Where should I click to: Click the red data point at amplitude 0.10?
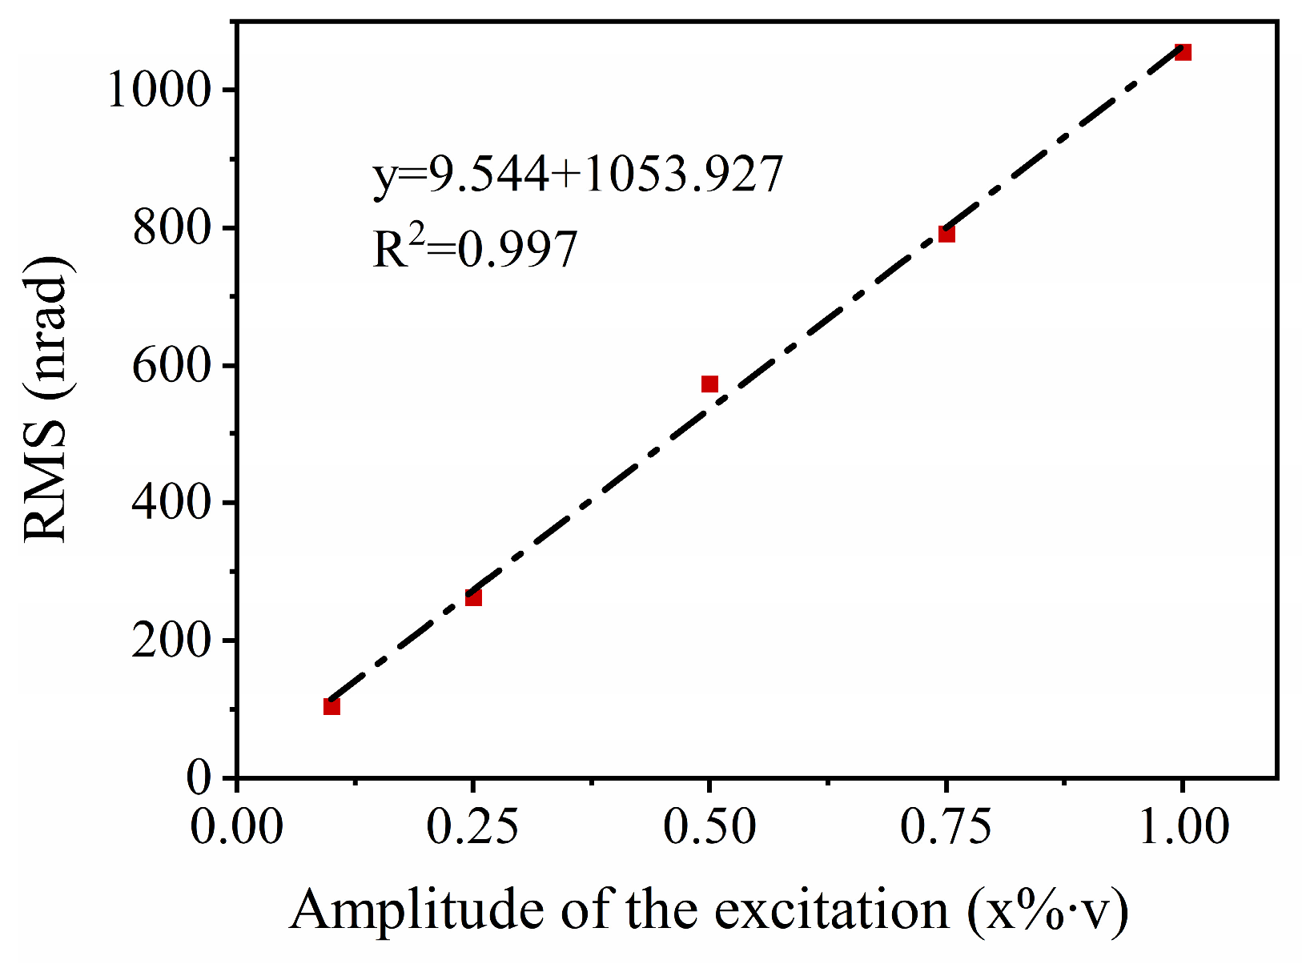point(332,706)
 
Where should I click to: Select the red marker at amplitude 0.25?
point(473,597)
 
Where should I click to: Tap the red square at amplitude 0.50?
point(709,384)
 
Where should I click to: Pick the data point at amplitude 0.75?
point(946,234)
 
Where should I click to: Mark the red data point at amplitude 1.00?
point(1183,52)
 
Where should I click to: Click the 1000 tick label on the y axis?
point(159,90)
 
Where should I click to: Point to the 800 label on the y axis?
point(171,229)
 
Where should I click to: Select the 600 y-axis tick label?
point(171,367)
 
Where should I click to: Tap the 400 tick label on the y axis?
point(171,504)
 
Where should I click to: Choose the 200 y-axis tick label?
point(171,641)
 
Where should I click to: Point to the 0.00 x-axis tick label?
point(237,826)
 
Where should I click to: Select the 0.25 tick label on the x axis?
point(473,826)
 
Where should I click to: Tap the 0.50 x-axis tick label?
point(709,826)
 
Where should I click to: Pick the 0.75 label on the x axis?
point(946,826)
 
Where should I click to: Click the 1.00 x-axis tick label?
point(1183,826)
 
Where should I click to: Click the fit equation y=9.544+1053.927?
point(577,174)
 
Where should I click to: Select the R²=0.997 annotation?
point(475,249)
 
